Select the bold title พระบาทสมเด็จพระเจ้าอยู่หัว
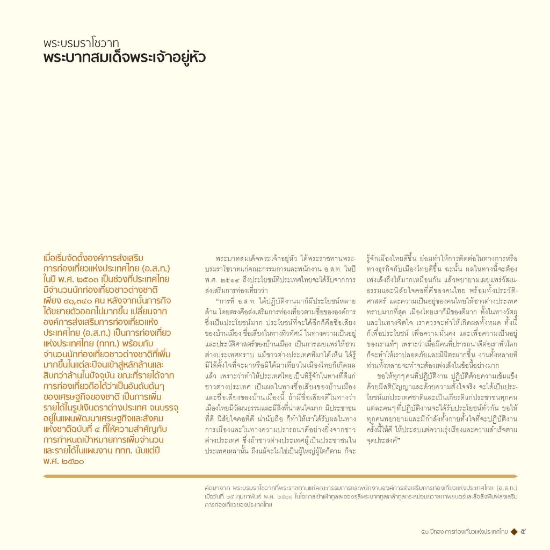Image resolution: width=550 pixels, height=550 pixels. coord(125,57)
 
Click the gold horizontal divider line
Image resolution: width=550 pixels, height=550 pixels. coord(280,476)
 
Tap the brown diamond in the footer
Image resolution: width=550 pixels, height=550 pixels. coord(513,532)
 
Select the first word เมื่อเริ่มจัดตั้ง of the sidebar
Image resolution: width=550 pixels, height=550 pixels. coord(70,258)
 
